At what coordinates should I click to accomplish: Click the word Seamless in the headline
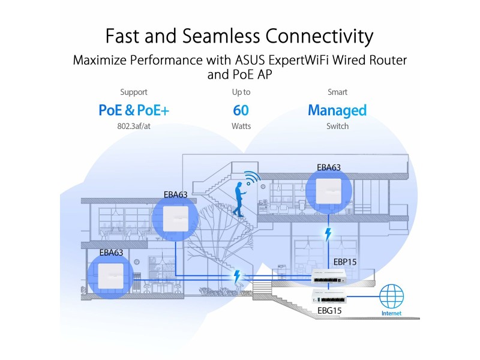click(x=221, y=36)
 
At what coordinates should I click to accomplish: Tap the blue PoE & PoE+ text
click(x=134, y=110)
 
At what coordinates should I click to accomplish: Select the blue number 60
click(x=241, y=110)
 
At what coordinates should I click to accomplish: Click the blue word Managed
click(x=337, y=111)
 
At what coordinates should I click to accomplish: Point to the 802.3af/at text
click(x=134, y=126)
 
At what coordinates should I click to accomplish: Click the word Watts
click(x=241, y=126)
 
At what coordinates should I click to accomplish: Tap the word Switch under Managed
click(x=337, y=126)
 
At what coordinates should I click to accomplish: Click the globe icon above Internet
click(x=392, y=296)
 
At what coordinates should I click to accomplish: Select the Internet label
click(x=392, y=313)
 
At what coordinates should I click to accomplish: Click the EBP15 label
click(x=345, y=262)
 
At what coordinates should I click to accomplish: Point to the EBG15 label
click(x=329, y=311)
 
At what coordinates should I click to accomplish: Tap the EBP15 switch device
click(x=329, y=277)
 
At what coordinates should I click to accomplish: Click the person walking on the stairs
click(x=239, y=199)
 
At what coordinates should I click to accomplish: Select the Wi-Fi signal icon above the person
click(x=252, y=178)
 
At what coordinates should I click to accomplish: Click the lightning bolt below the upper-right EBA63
click(x=328, y=235)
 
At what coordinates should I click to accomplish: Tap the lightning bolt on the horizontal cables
click(x=237, y=277)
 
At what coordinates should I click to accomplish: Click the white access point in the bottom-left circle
click(x=110, y=276)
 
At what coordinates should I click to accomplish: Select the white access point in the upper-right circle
click(x=328, y=191)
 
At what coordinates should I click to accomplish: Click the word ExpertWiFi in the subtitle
click(x=298, y=60)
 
